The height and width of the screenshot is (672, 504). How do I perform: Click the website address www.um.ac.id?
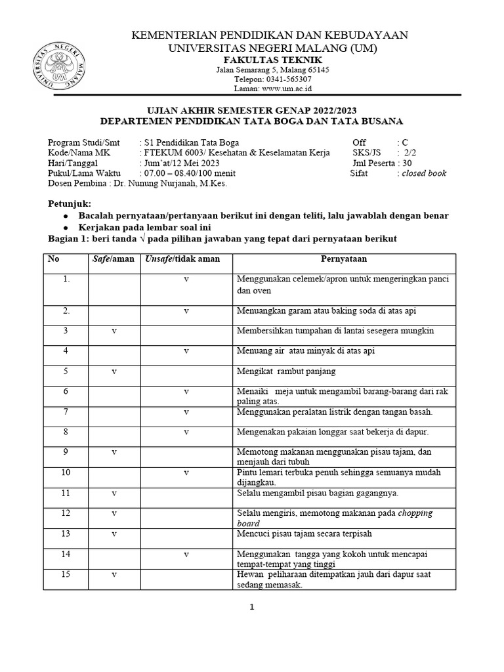pos(285,88)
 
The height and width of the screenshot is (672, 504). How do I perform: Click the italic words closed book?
pos(424,173)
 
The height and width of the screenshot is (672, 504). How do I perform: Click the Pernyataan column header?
pos(344,259)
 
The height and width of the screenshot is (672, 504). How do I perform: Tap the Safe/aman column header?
pos(114,259)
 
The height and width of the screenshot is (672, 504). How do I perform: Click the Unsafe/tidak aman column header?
pos(182,259)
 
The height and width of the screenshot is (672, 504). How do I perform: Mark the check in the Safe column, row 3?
pos(114,331)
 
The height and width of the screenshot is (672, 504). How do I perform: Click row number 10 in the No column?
pos(66,472)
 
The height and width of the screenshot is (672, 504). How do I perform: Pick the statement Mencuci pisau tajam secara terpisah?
pos(303,534)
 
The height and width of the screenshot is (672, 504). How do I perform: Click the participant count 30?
pos(408,163)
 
